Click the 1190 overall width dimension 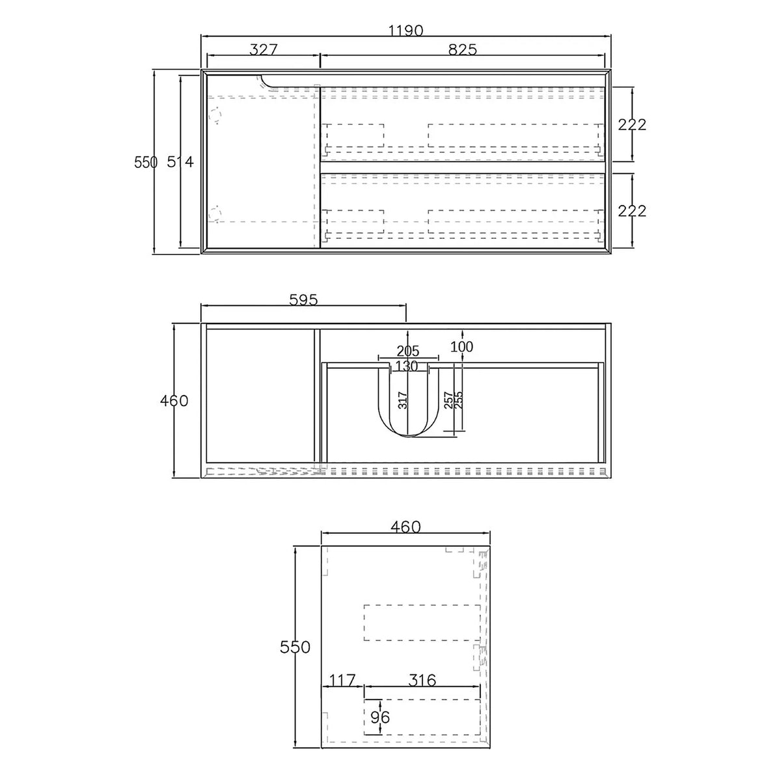[405, 31]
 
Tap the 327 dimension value [264, 49]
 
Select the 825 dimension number [463, 49]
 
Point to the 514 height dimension [180, 162]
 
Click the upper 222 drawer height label [632, 124]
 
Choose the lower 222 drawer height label [632, 211]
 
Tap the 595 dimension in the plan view [303, 300]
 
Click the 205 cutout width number [407, 351]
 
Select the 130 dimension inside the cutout [407, 366]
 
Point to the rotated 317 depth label [402, 400]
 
